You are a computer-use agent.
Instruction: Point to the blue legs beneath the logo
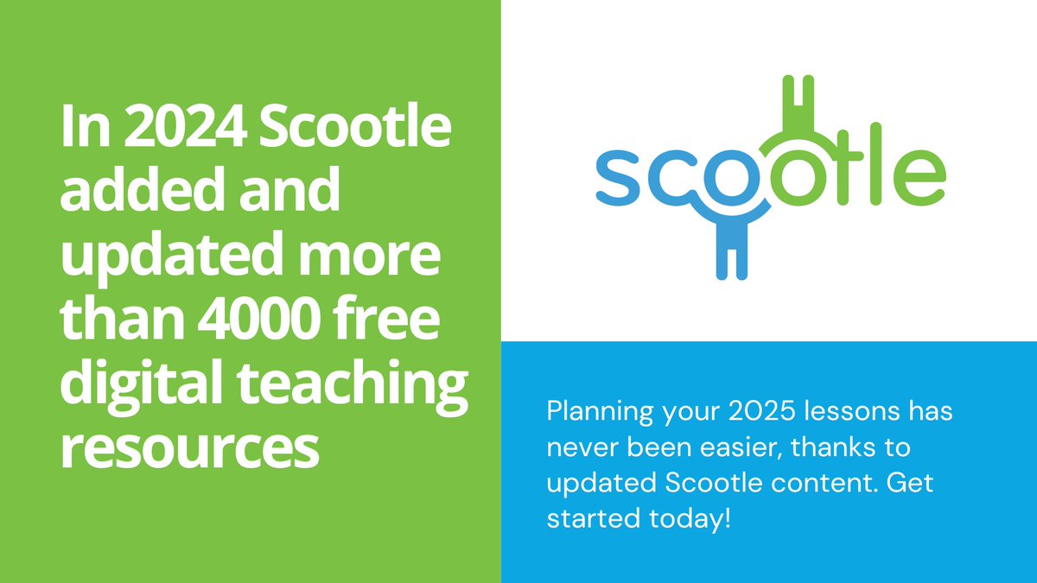click(731, 255)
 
